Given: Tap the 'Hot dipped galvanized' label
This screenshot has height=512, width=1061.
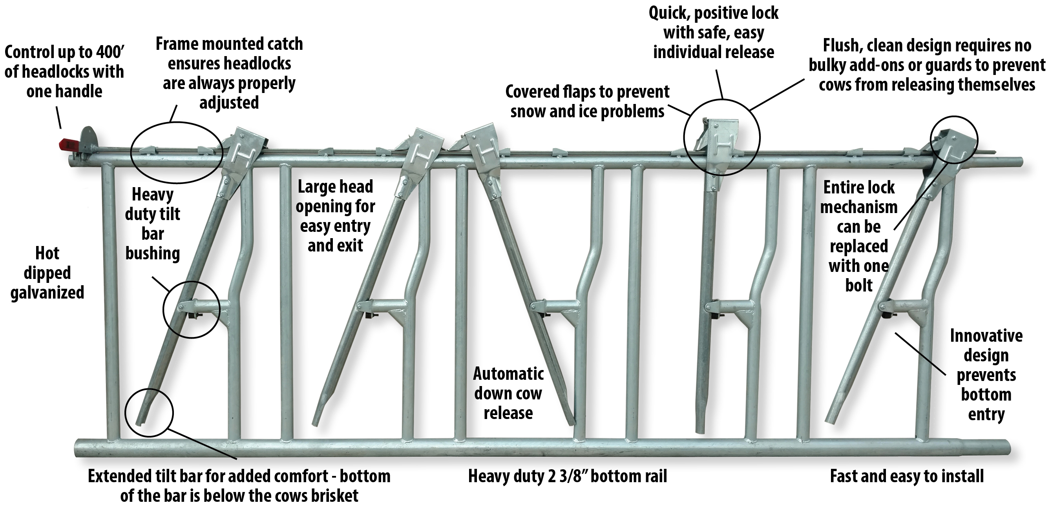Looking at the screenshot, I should tap(47, 273).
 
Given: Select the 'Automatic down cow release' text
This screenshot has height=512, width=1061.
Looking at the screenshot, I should tap(508, 394).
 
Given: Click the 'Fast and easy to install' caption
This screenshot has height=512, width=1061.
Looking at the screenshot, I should tap(907, 476).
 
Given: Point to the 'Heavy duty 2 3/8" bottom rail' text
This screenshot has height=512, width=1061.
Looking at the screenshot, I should tap(568, 477).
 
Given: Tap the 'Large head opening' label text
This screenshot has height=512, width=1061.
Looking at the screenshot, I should tap(335, 216).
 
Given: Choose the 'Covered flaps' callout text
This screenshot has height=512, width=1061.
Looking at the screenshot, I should tap(587, 102).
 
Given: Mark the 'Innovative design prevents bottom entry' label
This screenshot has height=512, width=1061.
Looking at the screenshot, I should tap(986, 375).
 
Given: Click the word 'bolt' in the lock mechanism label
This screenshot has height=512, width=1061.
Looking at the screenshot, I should tap(859, 286).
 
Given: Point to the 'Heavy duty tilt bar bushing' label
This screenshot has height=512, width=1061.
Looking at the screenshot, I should tap(152, 224).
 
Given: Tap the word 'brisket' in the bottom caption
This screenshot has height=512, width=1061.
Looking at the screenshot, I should tap(334, 496).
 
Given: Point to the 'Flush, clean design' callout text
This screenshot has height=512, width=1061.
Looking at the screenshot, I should tap(927, 65).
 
